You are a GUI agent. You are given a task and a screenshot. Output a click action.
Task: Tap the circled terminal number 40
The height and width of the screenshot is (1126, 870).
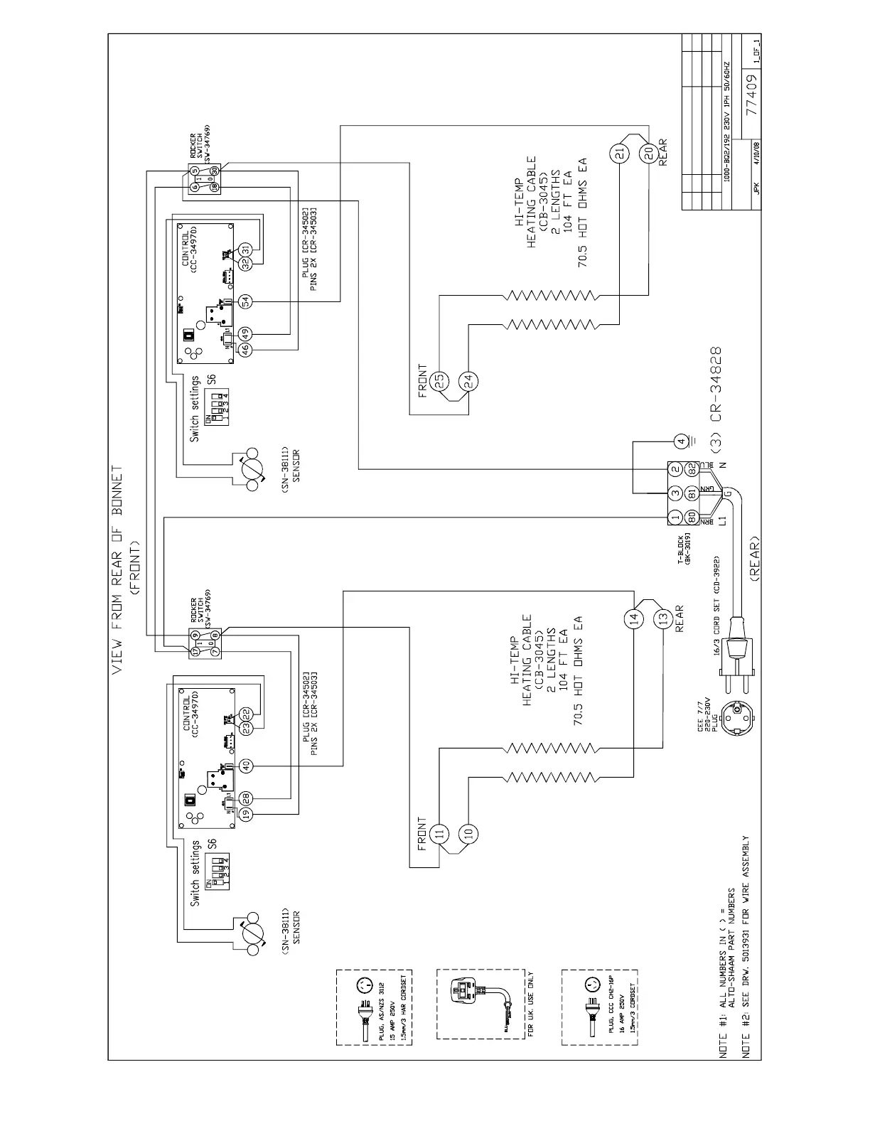coord(246,766)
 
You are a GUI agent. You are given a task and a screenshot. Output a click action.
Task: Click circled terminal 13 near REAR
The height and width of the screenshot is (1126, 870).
coord(662,618)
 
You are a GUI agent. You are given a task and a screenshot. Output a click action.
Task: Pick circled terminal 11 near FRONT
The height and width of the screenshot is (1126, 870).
coord(439,833)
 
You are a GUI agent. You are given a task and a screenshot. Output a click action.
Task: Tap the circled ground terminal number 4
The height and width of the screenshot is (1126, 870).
coord(680,441)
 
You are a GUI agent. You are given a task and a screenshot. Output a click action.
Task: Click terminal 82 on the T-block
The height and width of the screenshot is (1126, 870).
coord(689,470)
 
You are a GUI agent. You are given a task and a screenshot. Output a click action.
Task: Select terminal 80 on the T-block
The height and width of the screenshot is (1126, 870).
coord(689,517)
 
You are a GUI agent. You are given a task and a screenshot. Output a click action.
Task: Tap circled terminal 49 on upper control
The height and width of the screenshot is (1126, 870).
coord(246,333)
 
